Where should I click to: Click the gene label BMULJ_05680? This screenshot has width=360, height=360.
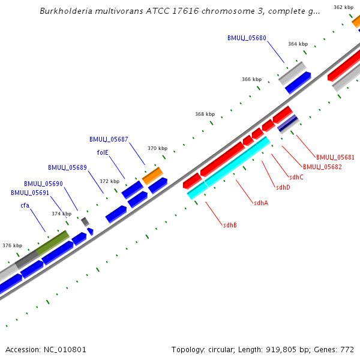click(x=247, y=38)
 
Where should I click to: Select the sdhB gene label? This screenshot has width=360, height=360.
click(x=230, y=225)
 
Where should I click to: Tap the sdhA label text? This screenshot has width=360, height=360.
click(x=260, y=203)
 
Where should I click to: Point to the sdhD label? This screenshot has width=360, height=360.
click(x=283, y=187)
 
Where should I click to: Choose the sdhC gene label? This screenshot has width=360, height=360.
click(x=296, y=177)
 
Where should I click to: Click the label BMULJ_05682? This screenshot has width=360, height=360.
click(x=322, y=167)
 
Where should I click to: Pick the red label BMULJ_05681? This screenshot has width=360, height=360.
click(x=335, y=157)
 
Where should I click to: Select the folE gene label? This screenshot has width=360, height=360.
click(x=103, y=152)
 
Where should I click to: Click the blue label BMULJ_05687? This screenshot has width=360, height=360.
click(x=109, y=139)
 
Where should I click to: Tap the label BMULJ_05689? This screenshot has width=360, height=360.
click(x=67, y=167)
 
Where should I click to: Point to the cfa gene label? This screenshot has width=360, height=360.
click(x=25, y=205)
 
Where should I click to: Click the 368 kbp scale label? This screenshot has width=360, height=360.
click(x=205, y=114)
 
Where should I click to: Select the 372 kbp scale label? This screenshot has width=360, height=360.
click(x=109, y=181)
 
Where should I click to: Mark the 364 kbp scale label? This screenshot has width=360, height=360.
click(x=298, y=44)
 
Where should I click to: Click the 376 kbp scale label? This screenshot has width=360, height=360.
click(x=12, y=245)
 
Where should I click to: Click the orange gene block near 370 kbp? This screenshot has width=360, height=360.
click(x=152, y=176)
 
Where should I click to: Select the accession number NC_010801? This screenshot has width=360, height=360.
click(x=65, y=349)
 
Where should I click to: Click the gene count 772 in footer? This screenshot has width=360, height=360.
click(x=349, y=349)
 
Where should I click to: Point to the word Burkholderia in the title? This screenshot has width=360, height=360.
click(x=68, y=11)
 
